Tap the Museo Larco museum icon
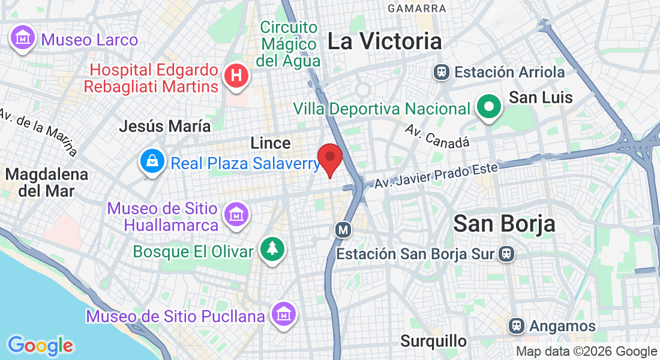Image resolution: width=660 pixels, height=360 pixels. [x=23, y=38]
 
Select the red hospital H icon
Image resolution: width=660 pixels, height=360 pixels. [x=236, y=76]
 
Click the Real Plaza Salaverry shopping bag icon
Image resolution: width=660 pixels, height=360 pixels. [x=153, y=161]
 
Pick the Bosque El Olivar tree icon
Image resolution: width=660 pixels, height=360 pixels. [x=272, y=248]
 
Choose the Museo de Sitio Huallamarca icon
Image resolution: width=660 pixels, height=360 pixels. [x=236, y=214]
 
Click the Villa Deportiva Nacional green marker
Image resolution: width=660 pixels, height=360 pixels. [x=489, y=107]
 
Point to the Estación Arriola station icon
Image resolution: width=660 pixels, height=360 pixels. [x=442, y=73]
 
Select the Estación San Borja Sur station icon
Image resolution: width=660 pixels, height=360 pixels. [x=505, y=254]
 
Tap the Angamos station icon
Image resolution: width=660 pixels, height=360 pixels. [x=515, y=326]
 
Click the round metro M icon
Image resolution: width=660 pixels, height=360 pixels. [x=343, y=229]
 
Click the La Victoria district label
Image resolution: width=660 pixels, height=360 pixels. [x=385, y=41]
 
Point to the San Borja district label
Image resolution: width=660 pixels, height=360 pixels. [x=504, y=224]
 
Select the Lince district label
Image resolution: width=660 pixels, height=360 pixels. [x=271, y=143]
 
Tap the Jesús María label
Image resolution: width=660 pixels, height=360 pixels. [x=165, y=126]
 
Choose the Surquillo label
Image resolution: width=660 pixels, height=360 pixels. [x=434, y=341]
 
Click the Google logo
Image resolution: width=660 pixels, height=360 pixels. [x=40, y=346]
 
